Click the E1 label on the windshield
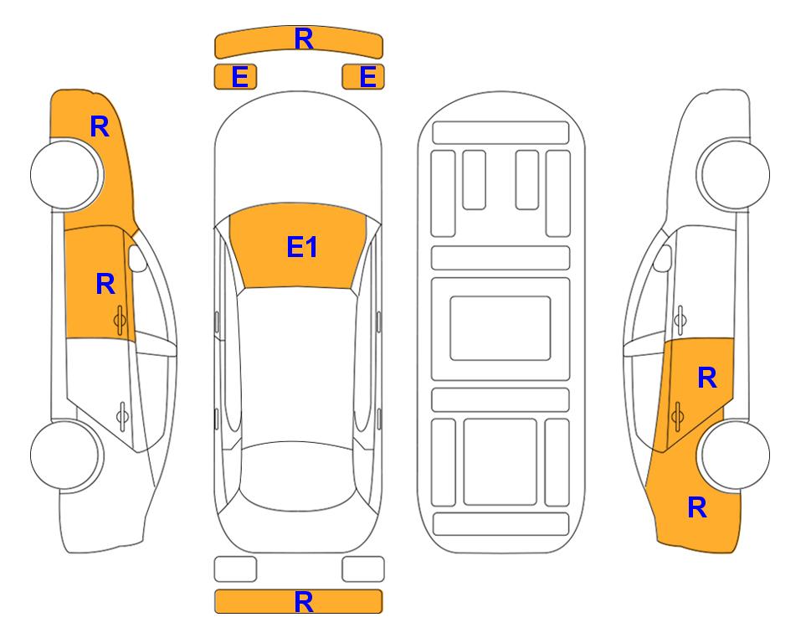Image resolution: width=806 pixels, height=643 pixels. tap(302, 247)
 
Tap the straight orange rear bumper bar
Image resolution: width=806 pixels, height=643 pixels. tap(298, 601)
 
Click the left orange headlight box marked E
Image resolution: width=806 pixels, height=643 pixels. tap(235, 77)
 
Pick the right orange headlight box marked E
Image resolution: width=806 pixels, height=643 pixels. tap(363, 77)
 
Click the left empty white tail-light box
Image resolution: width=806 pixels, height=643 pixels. tap(235, 569)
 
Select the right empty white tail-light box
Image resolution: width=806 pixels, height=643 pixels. tap(363, 569)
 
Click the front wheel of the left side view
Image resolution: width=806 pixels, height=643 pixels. tap(65, 174)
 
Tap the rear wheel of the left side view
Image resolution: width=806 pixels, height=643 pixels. tap(65, 455)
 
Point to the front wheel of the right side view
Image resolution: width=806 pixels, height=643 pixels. tap(734, 174)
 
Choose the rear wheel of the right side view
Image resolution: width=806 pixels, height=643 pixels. tap(735, 455)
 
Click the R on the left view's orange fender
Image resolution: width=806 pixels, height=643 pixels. tap(100, 126)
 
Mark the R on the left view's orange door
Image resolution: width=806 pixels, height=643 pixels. tap(105, 284)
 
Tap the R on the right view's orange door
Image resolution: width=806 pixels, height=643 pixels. tap(706, 378)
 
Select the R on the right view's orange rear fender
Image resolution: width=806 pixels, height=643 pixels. tap(697, 507)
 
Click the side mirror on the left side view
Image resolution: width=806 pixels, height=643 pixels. tap(136, 258)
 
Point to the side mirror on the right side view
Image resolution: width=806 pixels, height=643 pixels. tap(663, 258)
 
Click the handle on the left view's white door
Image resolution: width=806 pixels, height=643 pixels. tap(122, 415)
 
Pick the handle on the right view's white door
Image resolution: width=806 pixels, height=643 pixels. tap(680, 320)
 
